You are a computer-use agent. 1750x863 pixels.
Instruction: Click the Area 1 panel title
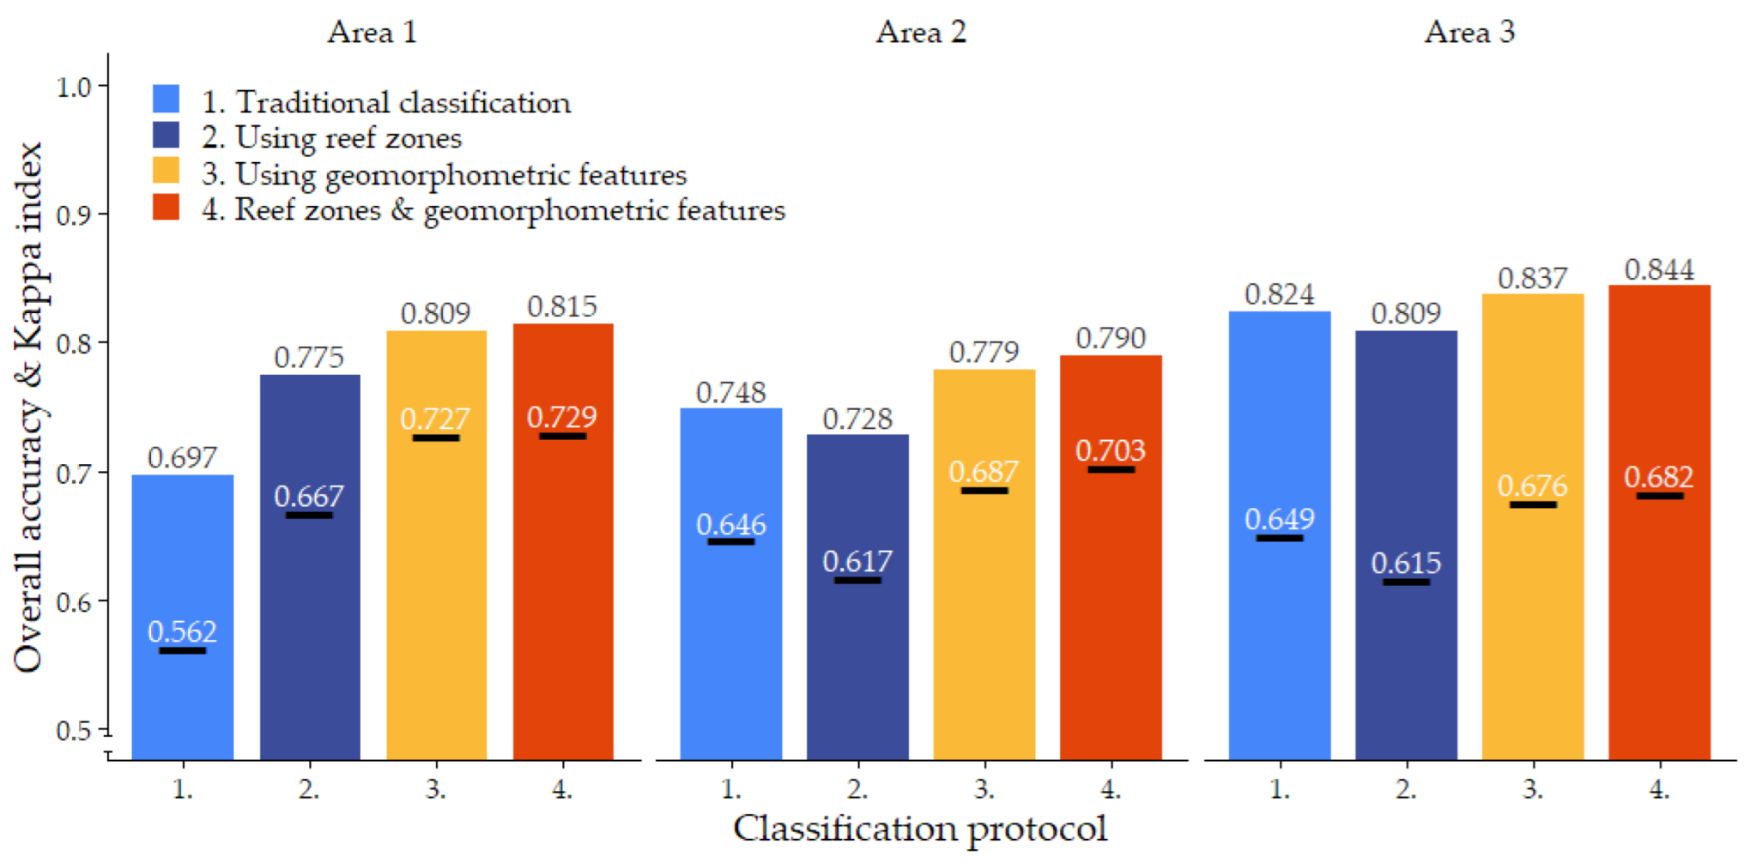pyautogui.click(x=372, y=33)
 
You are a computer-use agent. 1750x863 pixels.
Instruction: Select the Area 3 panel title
pyautogui.click(x=1469, y=33)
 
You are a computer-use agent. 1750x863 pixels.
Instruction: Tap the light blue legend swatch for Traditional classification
pyautogui.click(x=166, y=99)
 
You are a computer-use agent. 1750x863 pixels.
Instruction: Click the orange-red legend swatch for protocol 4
pyautogui.click(x=166, y=207)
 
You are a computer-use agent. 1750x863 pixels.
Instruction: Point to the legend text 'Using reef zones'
pyautogui.click(x=348, y=138)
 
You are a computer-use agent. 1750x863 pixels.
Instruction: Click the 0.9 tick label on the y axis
pyautogui.click(x=75, y=214)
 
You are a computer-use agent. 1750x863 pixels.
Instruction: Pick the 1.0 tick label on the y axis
pyautogui.click(x=75, y=87)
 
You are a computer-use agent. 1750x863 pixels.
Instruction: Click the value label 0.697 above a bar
pyautogui.click(x=182, y=458)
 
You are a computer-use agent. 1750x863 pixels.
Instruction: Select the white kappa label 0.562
pyautogui.click(x=182, y=632)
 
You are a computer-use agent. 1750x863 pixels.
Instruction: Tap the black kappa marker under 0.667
pyautogui.click(x=309, y=516)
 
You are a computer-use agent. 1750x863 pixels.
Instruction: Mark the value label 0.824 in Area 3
pyautogui.click(x=1279, y=295)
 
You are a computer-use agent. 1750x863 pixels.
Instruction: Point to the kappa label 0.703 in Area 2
pyautogui.click(x=1111, y=451)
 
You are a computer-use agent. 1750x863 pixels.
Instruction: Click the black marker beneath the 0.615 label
pyautogui.click(x=1406, y=582)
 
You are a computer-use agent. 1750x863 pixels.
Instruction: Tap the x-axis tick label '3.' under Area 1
pyautogui.click(x=436, y=789)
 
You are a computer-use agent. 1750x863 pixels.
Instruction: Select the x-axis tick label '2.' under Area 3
pyautogui.click(x=1406, y=789)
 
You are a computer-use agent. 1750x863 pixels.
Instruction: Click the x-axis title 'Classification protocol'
pyautogui.click(x=919, y=829)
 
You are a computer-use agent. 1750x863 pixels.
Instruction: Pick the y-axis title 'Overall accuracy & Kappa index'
pyautogui.click(x=28, y=407)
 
